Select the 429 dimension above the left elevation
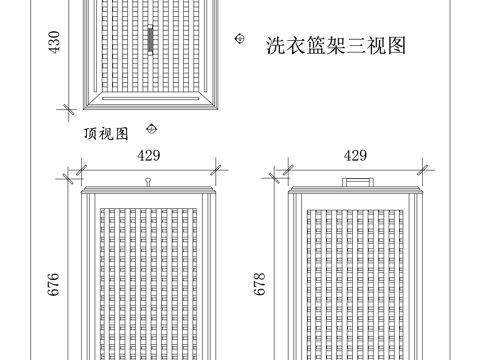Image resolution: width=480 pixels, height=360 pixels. (x=149, y=155)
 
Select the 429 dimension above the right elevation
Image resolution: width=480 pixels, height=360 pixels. (x=354, y=155)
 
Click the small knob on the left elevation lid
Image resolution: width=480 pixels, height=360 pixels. (x=148, y=181)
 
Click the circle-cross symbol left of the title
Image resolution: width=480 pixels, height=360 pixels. (x=239, y=38)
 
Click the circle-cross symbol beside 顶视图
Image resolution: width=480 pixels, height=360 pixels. (x=151, y=127)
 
